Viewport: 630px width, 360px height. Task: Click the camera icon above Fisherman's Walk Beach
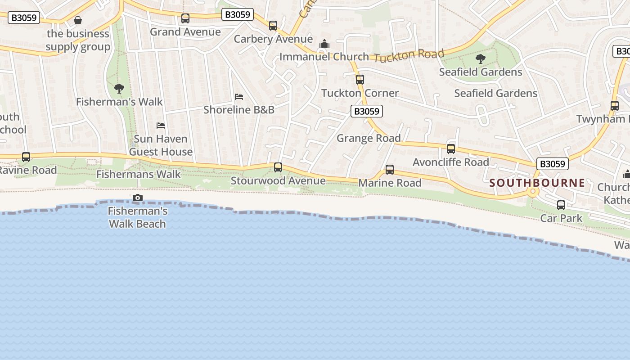pos(138,198)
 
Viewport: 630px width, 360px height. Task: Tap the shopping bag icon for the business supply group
pos(78,20)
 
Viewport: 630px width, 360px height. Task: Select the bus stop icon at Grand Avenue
pos(185,18)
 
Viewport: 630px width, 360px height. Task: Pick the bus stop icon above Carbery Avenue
pos(273,26)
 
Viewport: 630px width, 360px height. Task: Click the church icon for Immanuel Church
pos(324,44)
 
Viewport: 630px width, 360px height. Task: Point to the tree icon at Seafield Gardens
pos(481,58)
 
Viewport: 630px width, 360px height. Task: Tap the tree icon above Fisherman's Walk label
pos(119,88)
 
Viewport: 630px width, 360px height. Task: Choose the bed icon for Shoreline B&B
pos(239,97)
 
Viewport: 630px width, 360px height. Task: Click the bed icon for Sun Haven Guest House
pos(161,125)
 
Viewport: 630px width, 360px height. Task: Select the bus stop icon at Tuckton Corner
pos(360,80)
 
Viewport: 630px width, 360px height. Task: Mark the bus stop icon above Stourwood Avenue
pos(278,167)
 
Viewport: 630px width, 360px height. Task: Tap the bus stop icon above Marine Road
pos(390,170)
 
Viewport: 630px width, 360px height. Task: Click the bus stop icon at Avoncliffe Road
pos(451,149)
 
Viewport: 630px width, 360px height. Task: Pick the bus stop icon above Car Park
pos(561,205)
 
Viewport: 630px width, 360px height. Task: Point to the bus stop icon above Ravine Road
pos(26,157)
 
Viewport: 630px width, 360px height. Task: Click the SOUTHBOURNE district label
pos(537,183)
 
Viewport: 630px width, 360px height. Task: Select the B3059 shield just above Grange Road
pos(367,111)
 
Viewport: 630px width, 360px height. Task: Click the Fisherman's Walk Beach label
pos(138,217)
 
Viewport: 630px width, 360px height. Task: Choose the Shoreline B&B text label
pos(239,110)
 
